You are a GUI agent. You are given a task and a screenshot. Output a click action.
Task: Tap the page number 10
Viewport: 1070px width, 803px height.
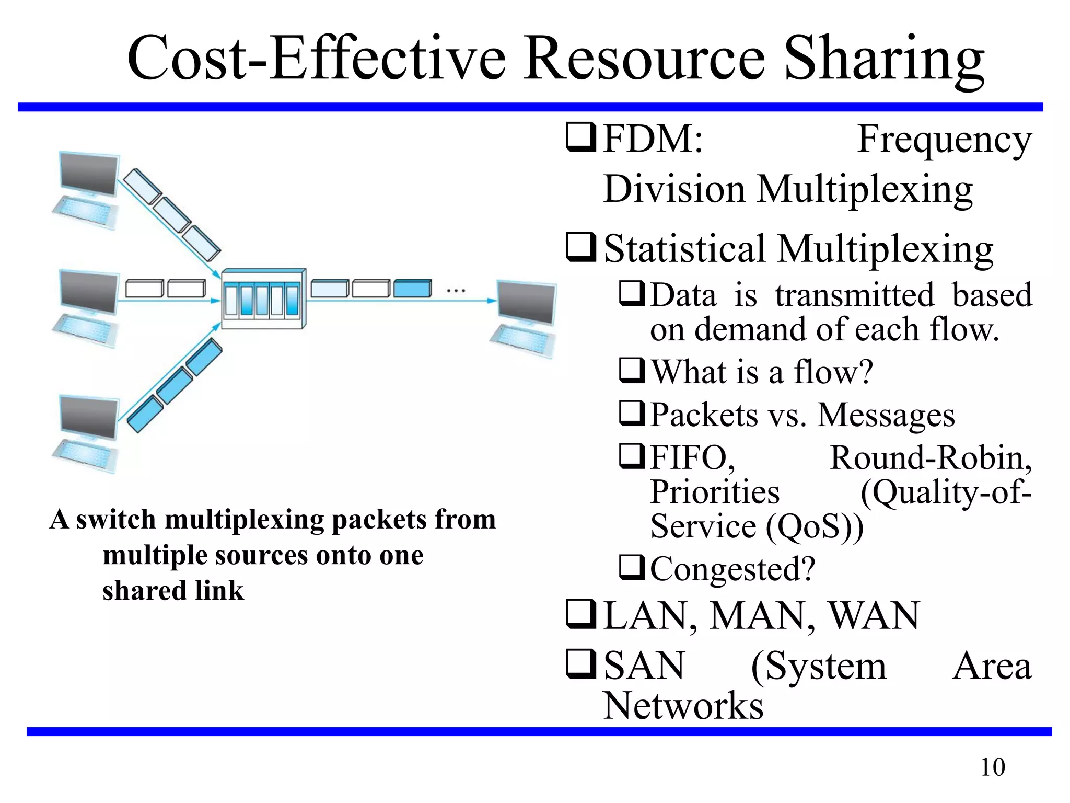pos(992,767)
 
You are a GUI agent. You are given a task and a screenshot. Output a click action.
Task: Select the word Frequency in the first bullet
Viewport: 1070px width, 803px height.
pos(945,140)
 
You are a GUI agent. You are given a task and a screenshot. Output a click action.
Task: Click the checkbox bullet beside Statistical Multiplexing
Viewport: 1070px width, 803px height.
pos(581,248)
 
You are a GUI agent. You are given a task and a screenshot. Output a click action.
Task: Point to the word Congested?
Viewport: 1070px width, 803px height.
pos(732,569)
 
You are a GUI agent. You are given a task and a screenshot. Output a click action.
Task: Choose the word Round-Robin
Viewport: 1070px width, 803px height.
pos(931,458)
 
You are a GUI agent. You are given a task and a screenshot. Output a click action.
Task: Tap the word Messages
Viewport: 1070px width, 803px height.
pos(886,415)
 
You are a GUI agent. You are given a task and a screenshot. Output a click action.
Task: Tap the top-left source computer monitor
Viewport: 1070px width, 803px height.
pos(89,174)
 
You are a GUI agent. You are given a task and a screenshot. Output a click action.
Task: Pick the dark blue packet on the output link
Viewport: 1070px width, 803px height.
pos(412,288)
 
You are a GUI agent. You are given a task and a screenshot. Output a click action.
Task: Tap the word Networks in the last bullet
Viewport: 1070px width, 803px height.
pos(683,706)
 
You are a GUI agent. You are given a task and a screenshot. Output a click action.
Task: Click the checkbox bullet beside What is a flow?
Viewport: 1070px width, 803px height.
pos(632,371)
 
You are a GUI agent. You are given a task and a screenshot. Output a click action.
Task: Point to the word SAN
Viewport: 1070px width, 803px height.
pos(644,666)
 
